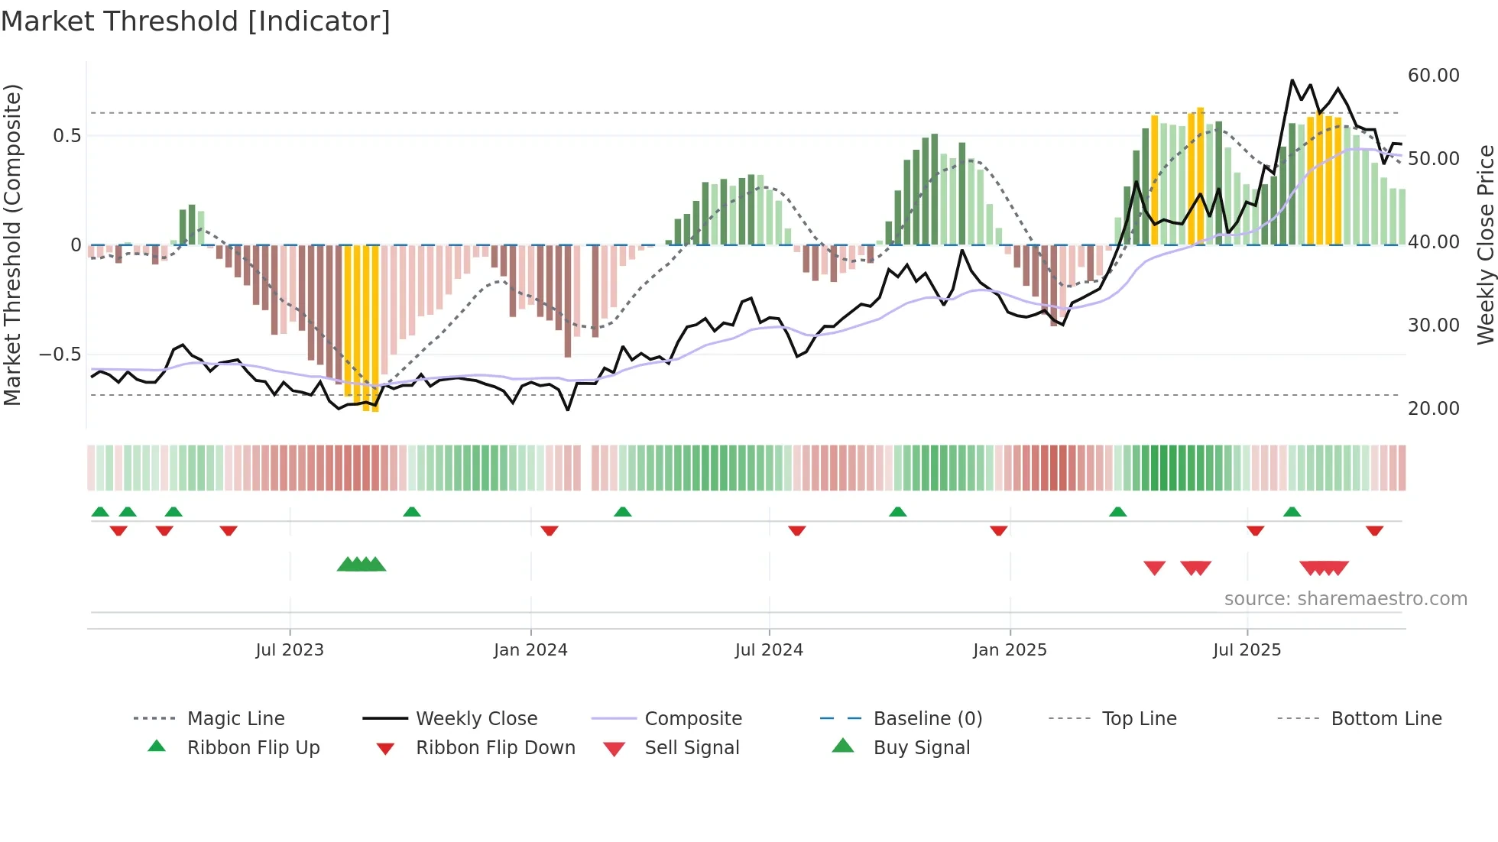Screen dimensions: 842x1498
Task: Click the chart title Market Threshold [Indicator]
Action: [x=196, y=21]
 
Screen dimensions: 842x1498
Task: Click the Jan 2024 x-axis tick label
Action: [x=530, y=650]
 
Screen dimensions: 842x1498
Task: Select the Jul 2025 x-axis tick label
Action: [x=1247, y=650]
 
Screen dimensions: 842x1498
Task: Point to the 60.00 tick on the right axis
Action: [x=1433, y=76]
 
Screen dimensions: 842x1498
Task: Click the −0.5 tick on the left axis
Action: [x=60, y=355]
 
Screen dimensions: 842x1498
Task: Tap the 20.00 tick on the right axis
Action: [x=1433, y=409]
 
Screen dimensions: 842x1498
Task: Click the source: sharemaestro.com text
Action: [x=1345, y=599]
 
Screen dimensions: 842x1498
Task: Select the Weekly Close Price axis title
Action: [x=1485, y=245]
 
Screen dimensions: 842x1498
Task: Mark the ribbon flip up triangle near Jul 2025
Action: [x=1292, y=512]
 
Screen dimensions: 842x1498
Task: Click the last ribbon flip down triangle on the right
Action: [x=1374, y=530]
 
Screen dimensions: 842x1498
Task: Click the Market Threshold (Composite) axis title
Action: [x=12, y=245]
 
